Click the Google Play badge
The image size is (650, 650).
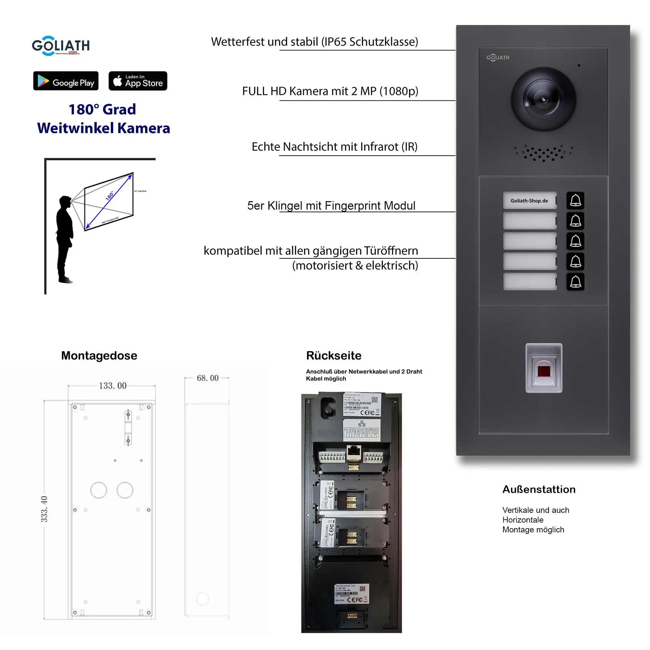pos(66,81)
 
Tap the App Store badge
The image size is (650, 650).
pos(137,81)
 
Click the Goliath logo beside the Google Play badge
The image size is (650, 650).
pos(61,46)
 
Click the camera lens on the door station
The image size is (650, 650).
pos(543,99)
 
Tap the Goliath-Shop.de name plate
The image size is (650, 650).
pos(529,201)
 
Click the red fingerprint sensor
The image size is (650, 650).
pos(544,371)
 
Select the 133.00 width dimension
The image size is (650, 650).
pos(112,385)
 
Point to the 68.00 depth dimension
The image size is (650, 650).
pos(208,378)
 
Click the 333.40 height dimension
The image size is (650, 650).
pos(45,509)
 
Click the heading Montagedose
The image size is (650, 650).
pos(99,356)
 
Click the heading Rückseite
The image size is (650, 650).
pos(333,356)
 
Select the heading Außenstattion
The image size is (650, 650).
pos(539,489)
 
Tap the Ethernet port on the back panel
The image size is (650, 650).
pos(354,453)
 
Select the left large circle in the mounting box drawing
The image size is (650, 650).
pos(98,490)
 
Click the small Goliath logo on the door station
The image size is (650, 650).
pos(498,58)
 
